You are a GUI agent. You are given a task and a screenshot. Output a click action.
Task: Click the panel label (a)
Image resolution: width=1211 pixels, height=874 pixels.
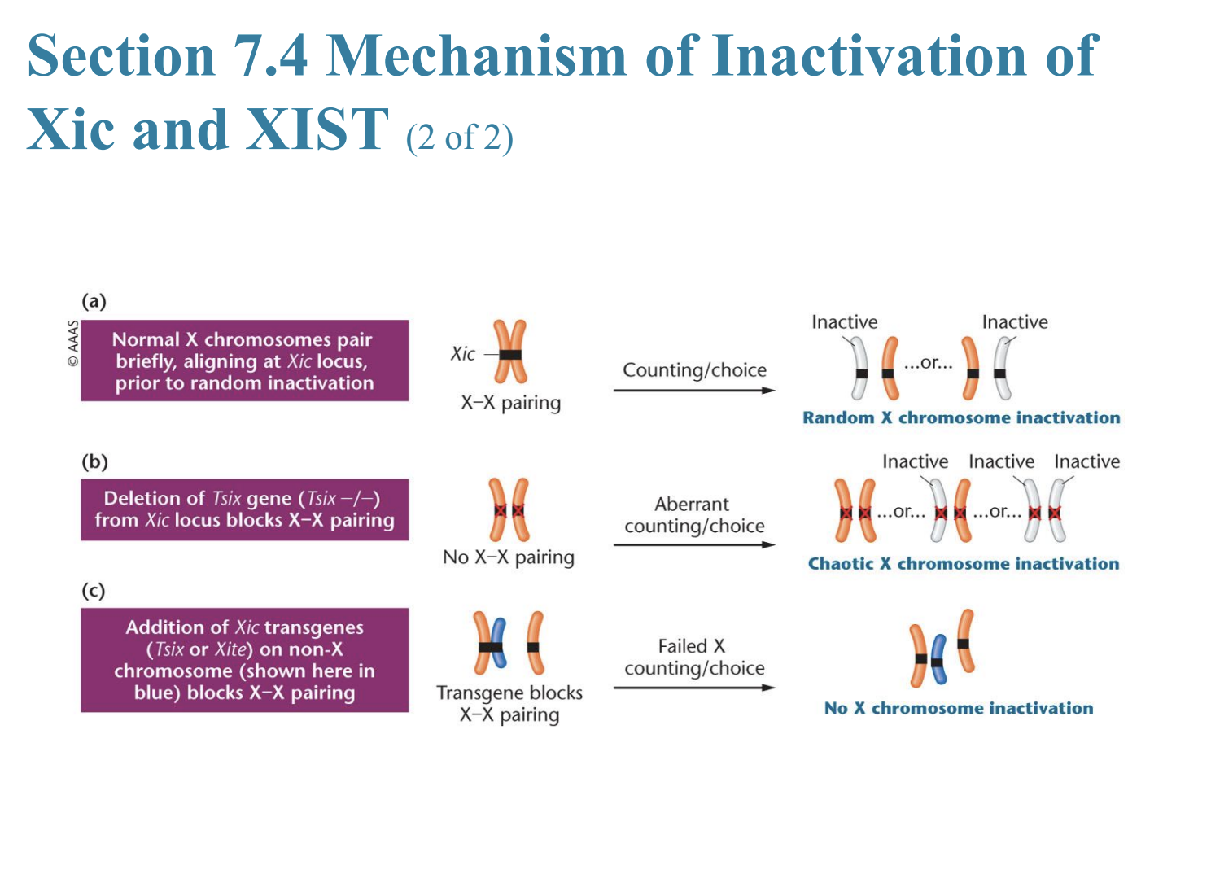click(94, 301)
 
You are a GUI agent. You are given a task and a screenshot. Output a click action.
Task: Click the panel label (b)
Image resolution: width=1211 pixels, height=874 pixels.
click(94, 461)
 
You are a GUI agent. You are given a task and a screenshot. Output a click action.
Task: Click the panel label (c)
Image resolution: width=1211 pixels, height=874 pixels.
click(94, 590)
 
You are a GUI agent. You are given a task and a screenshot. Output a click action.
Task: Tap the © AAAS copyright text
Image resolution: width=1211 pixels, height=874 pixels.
click(73, 343)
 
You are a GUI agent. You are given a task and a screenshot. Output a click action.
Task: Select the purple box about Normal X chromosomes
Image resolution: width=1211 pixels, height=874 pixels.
click(244, 361)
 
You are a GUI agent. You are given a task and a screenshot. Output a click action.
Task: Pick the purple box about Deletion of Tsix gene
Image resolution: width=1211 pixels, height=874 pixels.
click(244, 509)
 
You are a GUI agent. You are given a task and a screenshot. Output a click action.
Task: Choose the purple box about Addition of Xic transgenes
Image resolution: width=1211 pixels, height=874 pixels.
click(244, 660)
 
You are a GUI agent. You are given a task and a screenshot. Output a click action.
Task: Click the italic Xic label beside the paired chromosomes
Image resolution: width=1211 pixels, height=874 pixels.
click(462, 354)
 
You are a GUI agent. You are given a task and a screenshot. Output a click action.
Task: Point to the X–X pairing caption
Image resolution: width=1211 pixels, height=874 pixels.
click(510, 403)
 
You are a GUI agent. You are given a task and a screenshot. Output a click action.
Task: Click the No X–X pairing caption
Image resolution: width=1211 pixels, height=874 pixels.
click(509, 557)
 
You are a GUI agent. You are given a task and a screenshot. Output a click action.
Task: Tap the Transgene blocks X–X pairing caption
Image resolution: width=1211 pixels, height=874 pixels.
click(509, 704)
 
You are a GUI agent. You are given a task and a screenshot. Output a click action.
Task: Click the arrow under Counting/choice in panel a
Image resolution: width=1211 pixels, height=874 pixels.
click(693, 391)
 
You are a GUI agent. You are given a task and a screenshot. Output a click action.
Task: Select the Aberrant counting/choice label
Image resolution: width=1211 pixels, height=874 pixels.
click(693, 515)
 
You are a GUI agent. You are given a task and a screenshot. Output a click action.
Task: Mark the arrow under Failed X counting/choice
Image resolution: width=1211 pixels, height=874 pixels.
click(693, 688)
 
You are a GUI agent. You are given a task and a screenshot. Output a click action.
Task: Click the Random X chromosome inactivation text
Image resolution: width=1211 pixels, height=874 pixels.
click(961, 417)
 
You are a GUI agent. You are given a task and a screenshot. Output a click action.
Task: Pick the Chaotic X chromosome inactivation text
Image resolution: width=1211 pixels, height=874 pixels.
click(963, 563)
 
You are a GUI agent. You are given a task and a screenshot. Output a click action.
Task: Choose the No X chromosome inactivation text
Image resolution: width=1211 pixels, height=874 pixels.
click(959, 708)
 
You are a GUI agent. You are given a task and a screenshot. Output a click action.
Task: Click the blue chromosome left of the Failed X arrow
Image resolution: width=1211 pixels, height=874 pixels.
click(498, 643)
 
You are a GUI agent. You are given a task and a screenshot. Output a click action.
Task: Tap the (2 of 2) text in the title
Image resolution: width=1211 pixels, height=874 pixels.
click(460, 138)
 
